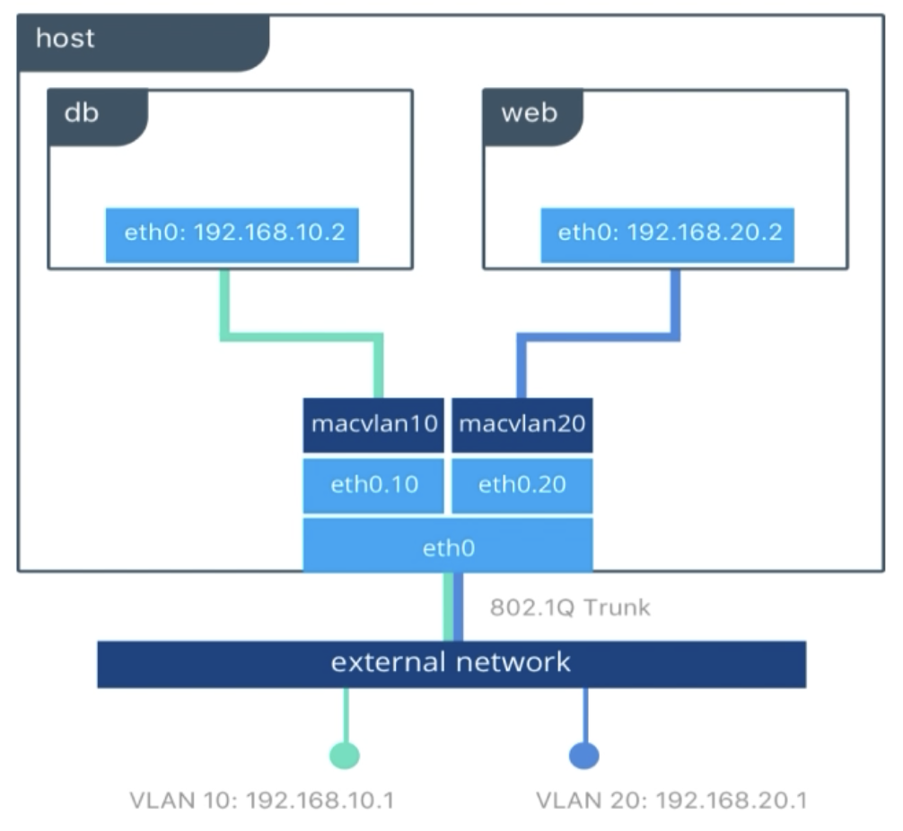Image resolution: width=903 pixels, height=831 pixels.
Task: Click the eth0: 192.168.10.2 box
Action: point(232,235)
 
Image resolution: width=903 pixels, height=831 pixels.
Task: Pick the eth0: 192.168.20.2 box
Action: point(668,235)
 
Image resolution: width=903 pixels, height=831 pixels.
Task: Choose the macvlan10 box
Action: point(373,425)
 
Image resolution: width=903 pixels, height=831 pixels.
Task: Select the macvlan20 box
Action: point(522,425)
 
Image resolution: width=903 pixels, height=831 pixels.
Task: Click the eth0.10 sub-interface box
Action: point(373,485)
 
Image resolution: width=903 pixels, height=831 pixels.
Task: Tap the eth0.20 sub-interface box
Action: point(522,485)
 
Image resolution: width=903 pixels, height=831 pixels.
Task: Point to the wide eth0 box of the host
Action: point(448,546)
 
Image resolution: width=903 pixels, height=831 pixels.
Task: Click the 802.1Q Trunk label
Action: point(570,608)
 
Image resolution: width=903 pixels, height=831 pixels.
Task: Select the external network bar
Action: point(451,664)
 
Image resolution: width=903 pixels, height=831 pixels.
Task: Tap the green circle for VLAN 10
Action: point(345,756)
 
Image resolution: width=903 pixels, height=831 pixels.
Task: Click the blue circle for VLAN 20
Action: point(584,756)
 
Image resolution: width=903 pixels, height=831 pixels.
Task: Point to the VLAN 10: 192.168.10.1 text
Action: point(262,800)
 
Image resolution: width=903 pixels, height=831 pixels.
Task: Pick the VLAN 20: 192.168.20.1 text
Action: point(671,800)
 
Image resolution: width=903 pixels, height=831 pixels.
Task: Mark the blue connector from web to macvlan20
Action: point(599,337)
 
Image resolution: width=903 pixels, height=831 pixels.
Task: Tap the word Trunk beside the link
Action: point(617,608)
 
